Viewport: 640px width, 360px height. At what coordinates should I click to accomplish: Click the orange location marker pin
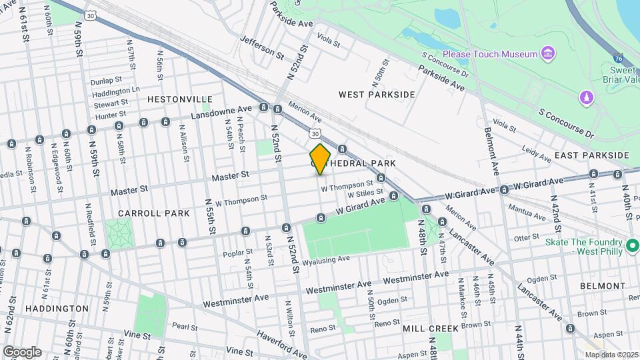point(320,159)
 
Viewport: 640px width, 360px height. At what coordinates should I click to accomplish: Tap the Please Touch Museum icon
point(548,53)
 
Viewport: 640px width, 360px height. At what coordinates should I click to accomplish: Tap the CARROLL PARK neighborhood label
point(145,213)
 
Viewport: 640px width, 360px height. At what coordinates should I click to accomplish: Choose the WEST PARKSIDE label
point(377,95)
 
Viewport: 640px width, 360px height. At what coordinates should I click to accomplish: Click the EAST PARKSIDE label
point(591,155)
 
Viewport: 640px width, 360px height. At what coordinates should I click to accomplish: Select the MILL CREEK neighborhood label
point(430,329)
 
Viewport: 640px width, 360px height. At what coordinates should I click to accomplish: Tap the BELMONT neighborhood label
point(602,286)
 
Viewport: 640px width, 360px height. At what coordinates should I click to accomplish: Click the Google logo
point(22,351)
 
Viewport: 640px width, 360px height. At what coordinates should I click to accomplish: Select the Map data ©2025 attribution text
point(611,354)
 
